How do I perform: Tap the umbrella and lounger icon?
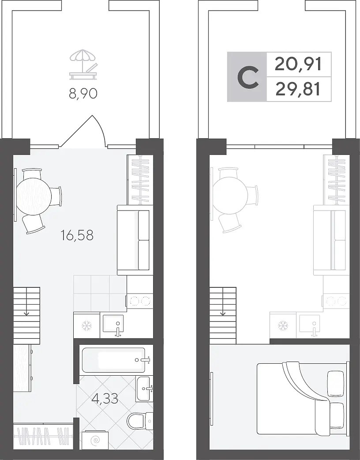(83, 64)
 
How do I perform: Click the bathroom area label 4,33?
(105, 398)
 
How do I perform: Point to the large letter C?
(248, 77)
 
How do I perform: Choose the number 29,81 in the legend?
(298, 89)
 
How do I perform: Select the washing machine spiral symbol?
(95, 441)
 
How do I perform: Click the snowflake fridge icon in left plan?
(87, 325)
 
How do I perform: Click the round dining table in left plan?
(34, 196)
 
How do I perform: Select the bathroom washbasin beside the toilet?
(144, 389)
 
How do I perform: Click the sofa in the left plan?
(135, 240)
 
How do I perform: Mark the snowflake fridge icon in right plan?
(283, 326)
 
